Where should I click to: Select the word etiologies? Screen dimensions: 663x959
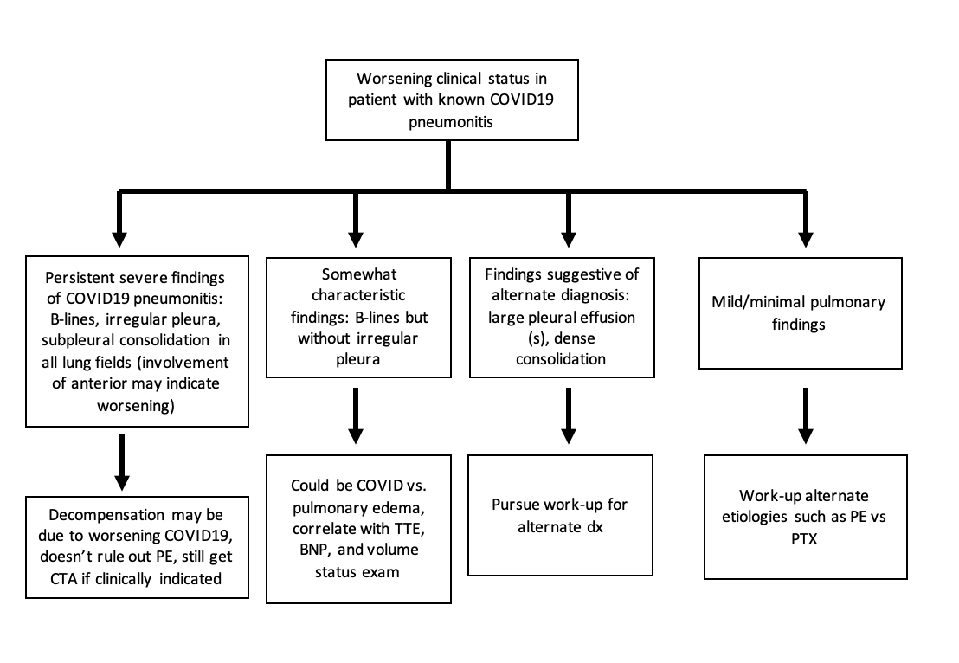point(788,516)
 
